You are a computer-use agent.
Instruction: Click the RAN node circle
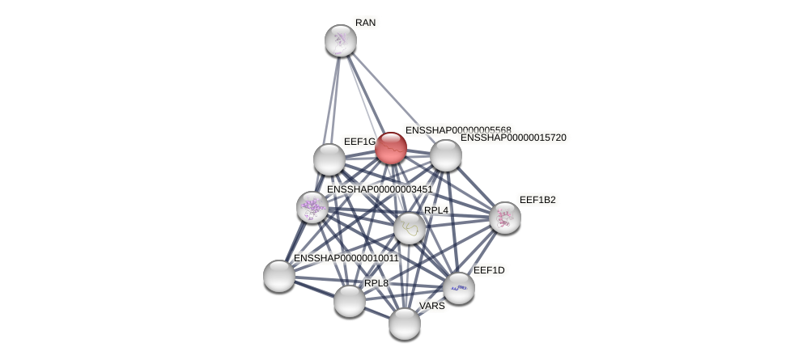point(341,40)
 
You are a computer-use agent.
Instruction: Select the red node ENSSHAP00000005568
point(390,148)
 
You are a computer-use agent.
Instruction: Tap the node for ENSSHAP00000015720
point(445,155)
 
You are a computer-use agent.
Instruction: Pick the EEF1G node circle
point(329,159)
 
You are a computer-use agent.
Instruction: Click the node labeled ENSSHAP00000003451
point(312,207)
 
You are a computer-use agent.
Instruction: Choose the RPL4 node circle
point(410,228)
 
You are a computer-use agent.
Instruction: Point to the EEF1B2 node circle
point(505,217)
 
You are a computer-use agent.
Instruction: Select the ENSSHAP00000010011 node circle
point(279,276)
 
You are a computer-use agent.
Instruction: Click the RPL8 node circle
point(350,301)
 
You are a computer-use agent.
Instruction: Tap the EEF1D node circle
point(459,288)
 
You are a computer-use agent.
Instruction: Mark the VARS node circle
point(405,324)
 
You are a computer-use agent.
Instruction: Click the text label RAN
point(365,23)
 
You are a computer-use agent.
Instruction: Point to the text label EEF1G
point(359,142)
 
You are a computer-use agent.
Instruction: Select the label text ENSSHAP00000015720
point(513,138)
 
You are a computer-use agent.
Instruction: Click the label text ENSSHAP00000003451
point(380,189)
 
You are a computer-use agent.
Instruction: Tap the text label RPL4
point(436,210)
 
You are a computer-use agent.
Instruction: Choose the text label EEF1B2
point(537,200)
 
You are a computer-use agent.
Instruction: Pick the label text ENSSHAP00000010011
point(346,258)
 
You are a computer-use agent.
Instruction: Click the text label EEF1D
point(489,270)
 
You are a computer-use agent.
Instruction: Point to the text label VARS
point(432,306)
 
